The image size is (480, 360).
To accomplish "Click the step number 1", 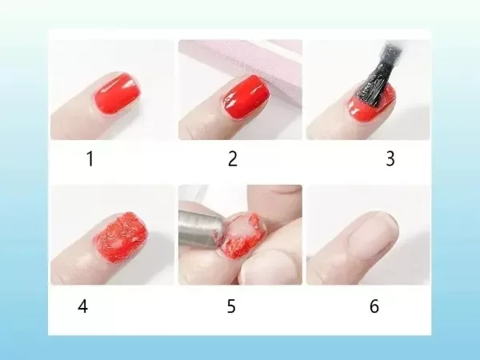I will click(x=90, y=158).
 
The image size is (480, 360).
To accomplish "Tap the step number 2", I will click(x=233, y=158).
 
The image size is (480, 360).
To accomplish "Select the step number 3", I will click(x=390, y=158).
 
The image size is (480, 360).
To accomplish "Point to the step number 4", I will click(x=83, y=306).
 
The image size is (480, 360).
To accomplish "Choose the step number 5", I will click(x=232, y=306).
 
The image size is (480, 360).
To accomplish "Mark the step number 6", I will click(x=374, y=306).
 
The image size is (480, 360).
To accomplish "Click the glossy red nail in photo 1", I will click(x=117, y=94).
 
